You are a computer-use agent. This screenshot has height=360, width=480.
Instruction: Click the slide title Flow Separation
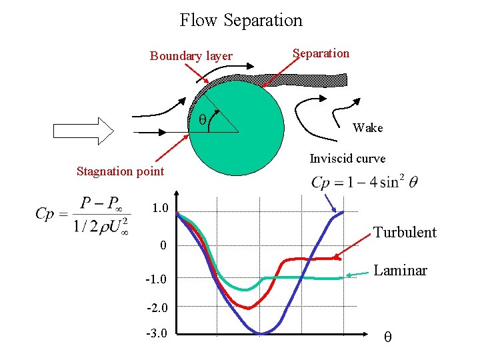[241, 21]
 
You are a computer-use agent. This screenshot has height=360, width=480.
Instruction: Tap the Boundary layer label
[191, 56]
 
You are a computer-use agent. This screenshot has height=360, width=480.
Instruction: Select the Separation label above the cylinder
[321, 53]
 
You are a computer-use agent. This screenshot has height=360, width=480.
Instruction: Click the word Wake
[367, 128]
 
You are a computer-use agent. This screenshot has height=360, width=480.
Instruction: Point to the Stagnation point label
[120, 171]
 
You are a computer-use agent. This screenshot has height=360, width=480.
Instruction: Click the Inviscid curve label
[347, 159]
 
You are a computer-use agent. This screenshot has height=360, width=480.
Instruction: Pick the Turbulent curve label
[405, 233]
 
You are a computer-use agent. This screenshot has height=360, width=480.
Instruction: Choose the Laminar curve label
[400, 271]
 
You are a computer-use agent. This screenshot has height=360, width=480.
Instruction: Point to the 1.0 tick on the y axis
[160, 208]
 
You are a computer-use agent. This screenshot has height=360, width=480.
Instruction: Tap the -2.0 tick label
[157, 308]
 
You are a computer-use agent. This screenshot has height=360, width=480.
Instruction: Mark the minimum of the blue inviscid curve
[261, 333]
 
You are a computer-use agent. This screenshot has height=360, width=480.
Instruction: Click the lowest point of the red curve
[248, 308]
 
